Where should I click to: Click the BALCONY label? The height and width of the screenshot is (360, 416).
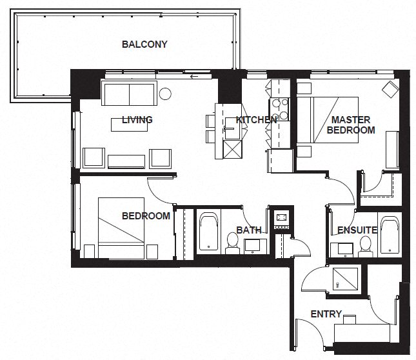[x=144, y=45]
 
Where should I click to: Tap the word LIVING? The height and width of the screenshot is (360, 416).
[x=137, y=119]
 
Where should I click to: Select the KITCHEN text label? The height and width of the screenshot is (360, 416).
[x=256, y=119]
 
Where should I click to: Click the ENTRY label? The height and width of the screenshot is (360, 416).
[x=326, y=314]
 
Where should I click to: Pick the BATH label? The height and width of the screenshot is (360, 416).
[x=248, y=230]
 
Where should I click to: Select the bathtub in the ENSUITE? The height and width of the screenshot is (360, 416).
[x=390, y=235]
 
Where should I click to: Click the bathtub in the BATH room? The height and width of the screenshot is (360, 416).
[x=208, y=232]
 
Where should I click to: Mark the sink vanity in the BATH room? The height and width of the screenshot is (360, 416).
[x=254, y=245]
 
